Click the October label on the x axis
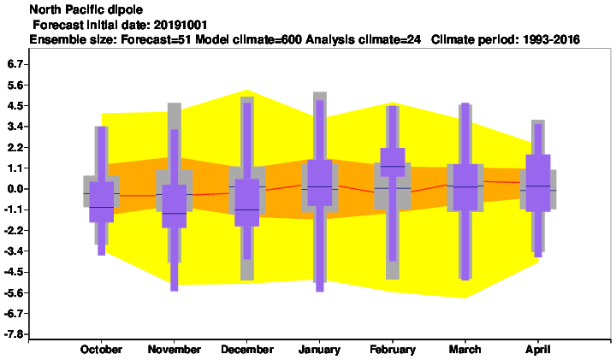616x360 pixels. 101,350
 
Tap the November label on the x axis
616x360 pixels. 174,350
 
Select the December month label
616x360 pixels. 247,350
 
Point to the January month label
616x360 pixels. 319,350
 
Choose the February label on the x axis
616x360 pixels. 393,350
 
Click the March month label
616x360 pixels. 465,350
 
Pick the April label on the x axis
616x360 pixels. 538,350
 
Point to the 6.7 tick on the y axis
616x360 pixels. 15,64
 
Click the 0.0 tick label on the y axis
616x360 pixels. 15,189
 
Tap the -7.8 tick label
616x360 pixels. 14,334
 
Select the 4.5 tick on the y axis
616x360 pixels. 15,105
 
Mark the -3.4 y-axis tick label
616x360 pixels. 14,251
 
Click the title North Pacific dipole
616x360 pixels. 86,9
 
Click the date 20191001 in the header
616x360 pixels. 181,25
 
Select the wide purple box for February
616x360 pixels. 393,162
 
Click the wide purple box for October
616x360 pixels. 101,202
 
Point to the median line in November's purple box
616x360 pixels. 174,213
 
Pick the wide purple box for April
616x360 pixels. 538,183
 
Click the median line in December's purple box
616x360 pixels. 247,210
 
